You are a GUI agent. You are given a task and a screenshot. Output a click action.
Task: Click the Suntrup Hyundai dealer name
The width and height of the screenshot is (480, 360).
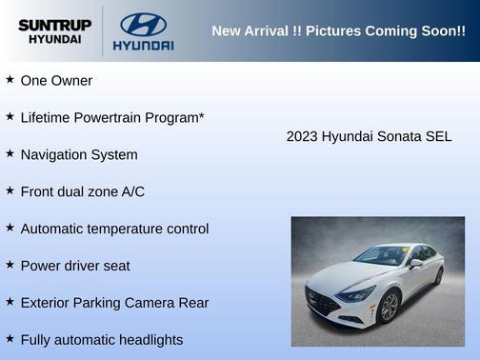(55, 31)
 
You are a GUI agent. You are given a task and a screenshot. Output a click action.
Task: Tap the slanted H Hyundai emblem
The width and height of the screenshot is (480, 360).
(143, 24)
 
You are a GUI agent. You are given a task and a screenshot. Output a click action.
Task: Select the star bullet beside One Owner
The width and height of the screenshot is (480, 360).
(10, 80)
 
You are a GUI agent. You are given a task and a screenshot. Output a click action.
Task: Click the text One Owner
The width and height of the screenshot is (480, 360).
(56, 81)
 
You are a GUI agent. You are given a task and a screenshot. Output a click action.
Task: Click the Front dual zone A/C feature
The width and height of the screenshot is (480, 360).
(82, 191)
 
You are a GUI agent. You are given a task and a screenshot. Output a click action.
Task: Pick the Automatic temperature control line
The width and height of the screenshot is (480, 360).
(114, 229)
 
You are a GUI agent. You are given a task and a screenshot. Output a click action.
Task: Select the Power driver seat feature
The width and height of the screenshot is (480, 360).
(75, 266)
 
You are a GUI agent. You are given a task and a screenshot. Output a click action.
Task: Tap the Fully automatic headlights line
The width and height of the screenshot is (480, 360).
(101, 340)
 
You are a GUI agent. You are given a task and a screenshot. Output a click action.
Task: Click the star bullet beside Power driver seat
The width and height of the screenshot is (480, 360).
(10, 265)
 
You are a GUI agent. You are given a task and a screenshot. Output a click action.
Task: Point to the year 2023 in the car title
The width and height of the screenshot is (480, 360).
(302, 137)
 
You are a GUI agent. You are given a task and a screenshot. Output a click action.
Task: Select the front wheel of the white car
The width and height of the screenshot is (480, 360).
(389, 307)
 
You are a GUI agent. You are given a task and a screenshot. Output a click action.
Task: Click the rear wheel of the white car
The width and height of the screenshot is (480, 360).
(439, 276)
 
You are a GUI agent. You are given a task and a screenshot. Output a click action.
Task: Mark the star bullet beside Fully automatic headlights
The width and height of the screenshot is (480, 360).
(10, 339)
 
